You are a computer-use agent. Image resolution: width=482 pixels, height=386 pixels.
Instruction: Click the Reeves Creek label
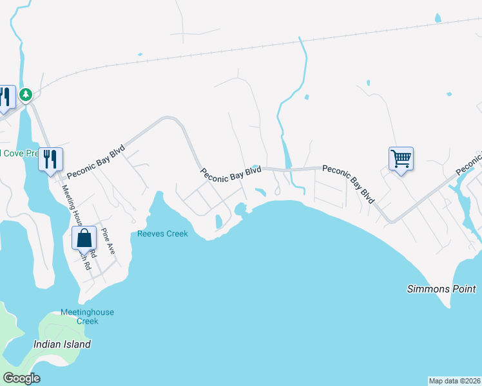(162, 234)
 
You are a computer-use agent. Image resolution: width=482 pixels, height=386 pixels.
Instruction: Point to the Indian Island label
(62, 344)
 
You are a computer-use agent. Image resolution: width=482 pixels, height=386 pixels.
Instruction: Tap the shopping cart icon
(401, 158)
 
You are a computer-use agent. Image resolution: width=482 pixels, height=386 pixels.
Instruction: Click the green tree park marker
(25, 95)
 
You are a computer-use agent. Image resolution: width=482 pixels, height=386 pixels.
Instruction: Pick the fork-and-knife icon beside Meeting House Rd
(50, 158)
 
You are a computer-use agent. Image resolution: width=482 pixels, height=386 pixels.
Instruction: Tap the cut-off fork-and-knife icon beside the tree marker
(6, 97)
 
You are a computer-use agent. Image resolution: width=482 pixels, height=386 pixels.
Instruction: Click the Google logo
(21, 378)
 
